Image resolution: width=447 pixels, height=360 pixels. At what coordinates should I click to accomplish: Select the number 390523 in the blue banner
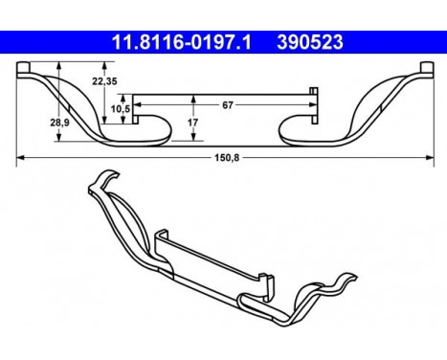(313, 43)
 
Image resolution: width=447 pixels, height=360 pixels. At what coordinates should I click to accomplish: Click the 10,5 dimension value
(120, 108)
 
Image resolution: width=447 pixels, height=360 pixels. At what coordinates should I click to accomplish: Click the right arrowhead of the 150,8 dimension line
(427, 157)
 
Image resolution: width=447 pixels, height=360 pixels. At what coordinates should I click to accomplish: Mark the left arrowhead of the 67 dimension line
(137, 96)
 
